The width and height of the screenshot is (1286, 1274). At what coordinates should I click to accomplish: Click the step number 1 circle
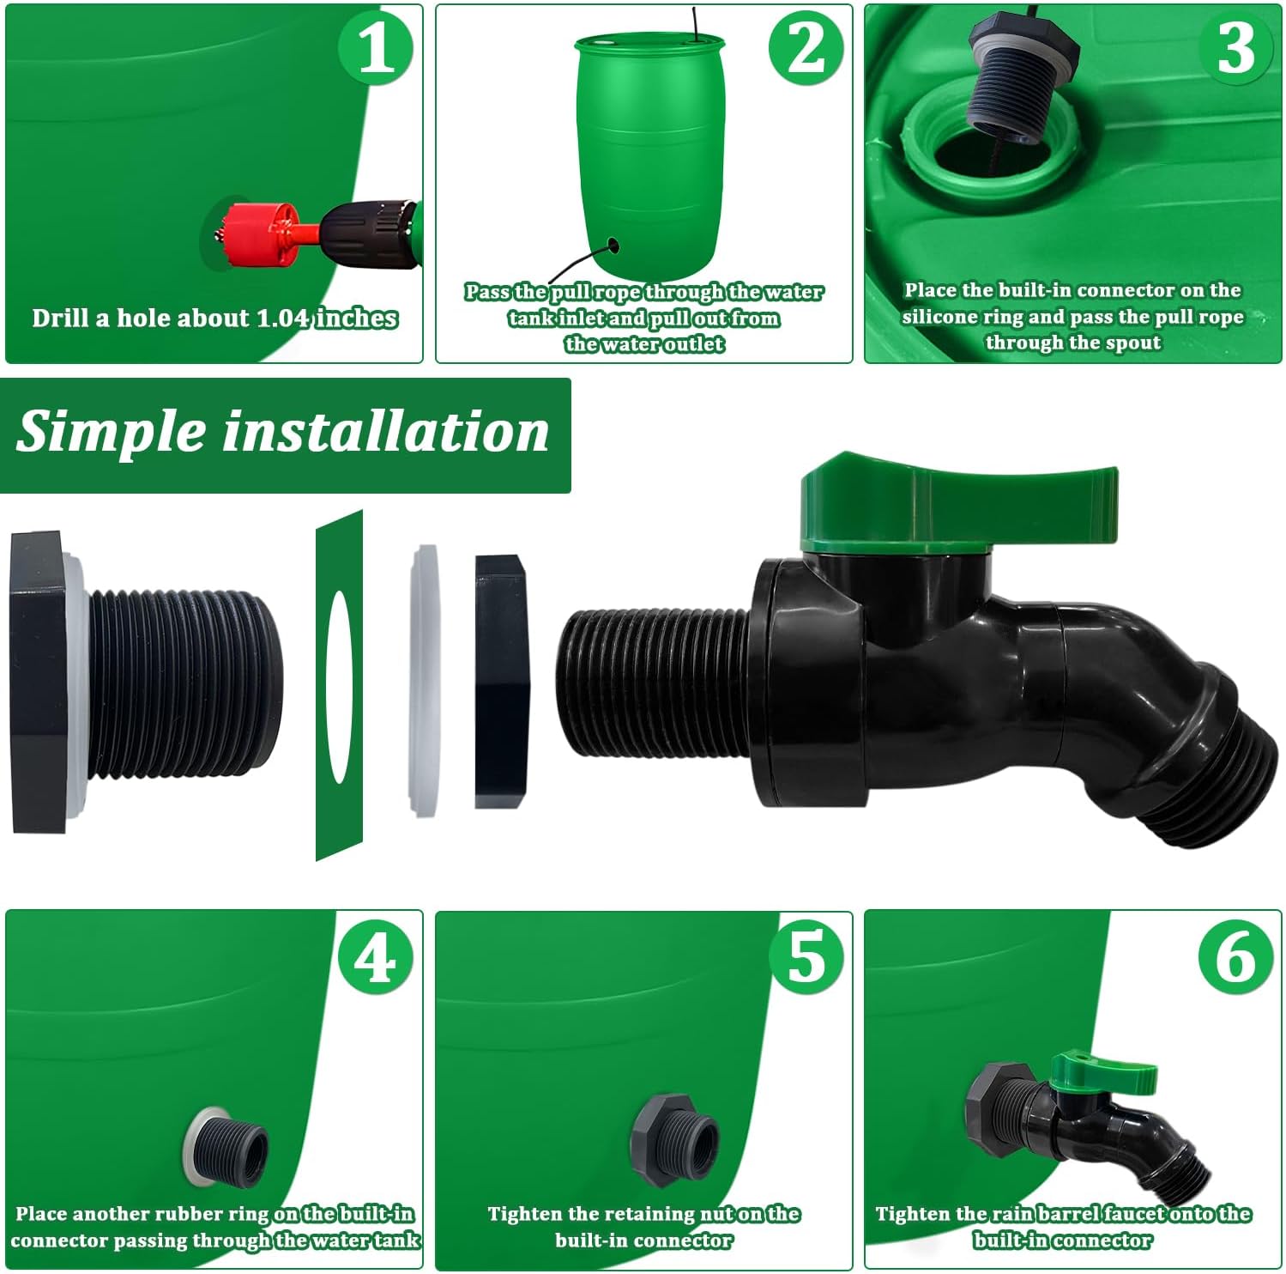coord(376,48)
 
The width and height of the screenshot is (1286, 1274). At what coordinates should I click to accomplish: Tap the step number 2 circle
coord(806,48)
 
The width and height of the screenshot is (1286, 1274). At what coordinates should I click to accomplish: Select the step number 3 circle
coord(1235,48)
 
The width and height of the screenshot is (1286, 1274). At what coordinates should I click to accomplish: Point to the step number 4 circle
coord(376,957)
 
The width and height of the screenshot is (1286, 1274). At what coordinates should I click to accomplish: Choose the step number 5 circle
coord(806,957)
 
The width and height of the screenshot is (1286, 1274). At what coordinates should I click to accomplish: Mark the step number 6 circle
coord(1235,957)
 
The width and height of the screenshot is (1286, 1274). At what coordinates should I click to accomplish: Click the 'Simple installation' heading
coord(282,432)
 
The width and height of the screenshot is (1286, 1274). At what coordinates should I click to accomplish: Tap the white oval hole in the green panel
coord(339,687)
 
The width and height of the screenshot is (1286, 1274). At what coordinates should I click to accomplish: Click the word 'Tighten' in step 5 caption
coord(525,1214)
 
